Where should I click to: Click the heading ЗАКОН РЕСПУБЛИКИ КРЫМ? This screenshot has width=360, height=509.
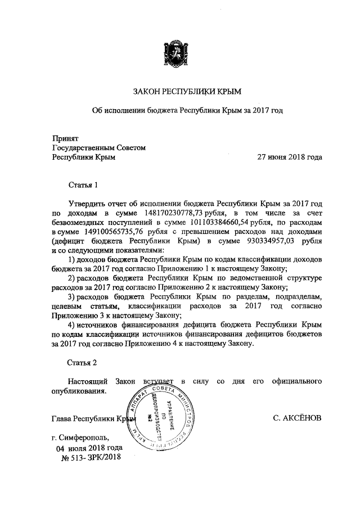click(186, 90)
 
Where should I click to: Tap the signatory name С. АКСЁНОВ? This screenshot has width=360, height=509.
click(296, 418)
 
